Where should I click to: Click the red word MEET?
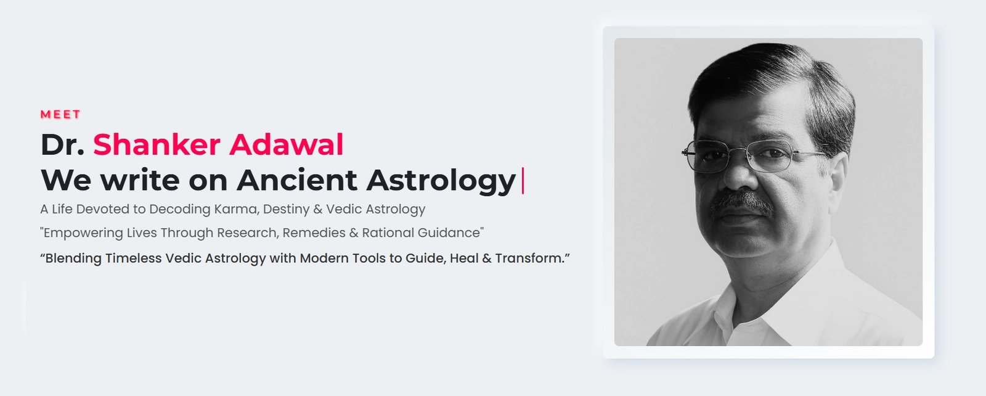click(x=60, y=115)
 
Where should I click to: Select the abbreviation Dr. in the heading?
click(x=62, y=145)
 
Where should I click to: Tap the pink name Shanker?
click(x=157, y=145)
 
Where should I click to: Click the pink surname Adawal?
click(x=287, y=145)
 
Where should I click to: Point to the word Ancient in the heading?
click(x=296, y=180)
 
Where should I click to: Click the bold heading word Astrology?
click(x=441, y=180)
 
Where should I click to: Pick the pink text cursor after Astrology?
click(x=523, y=180)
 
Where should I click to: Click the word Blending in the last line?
click(x=73, y=258)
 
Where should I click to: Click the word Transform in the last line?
click(x=529, y=258)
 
